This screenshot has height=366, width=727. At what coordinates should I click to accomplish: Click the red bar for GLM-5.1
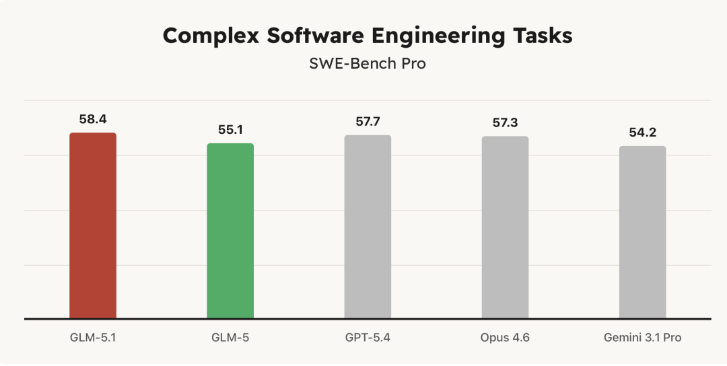pos(93,225)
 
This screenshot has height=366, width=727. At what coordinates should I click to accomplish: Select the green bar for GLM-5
pos(230,231)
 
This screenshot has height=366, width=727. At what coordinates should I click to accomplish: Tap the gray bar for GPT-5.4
pos(368,227)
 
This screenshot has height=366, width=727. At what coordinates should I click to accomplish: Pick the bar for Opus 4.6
pos(505,227)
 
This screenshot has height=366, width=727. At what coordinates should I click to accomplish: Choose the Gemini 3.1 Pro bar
pos(642,232)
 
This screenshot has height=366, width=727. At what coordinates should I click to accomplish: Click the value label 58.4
pos(93,119)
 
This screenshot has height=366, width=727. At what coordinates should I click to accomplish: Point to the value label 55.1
pos(230,130)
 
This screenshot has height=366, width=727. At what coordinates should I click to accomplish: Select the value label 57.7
pos(368,122)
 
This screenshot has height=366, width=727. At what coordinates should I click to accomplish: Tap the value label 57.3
pos(505,123)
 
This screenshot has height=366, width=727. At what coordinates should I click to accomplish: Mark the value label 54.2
pos(642,133)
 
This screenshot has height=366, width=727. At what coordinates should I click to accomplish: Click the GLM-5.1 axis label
pos(93,337)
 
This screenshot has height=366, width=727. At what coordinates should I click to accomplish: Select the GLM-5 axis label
pos(230,337)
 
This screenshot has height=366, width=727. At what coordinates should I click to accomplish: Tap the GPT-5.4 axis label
pos(368,337)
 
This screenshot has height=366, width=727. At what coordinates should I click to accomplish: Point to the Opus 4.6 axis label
pos(505,337)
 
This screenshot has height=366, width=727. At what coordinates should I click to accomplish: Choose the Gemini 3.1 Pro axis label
pos(642,337)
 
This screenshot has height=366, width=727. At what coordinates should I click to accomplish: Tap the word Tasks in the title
pos(542,36)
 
